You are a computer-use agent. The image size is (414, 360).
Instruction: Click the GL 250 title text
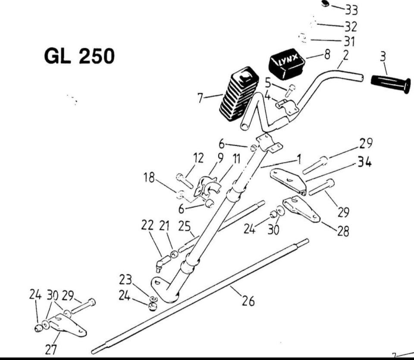tap(80, 56)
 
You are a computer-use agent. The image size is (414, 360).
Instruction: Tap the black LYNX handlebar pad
tap(287, 66)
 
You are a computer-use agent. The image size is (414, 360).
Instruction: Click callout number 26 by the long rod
tap(248, 301)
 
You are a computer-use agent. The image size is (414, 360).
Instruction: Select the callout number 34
tap(364, 163)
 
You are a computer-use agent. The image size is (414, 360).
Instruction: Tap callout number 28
tap(343, 231)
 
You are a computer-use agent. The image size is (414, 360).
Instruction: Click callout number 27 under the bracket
tap(51, 349)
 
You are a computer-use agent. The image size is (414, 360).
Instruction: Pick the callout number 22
tap(147, 225)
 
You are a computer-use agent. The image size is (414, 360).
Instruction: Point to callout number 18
tap(149, 177)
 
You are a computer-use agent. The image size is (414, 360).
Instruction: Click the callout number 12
tap(198, 158)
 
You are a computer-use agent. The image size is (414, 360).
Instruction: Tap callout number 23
tap(125, 280)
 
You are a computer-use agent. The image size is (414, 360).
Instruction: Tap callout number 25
tap(185, 225)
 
